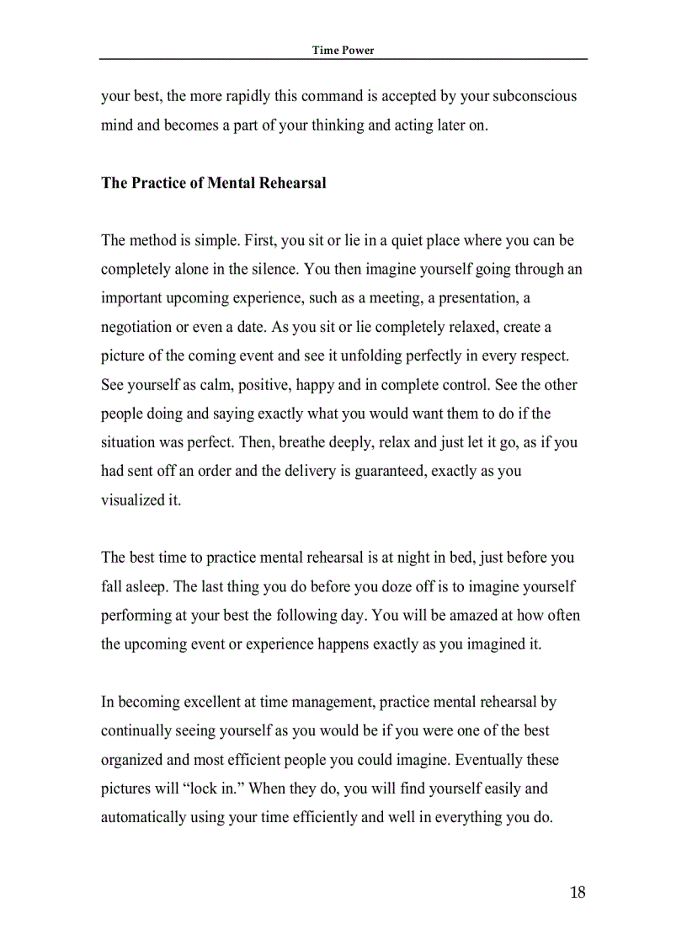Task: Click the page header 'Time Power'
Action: click(x=343, y=50)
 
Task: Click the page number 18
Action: click(x=577, y=893)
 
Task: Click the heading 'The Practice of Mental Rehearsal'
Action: click(x=213, y=183)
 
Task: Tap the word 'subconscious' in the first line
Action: click(x=535, y=96)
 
